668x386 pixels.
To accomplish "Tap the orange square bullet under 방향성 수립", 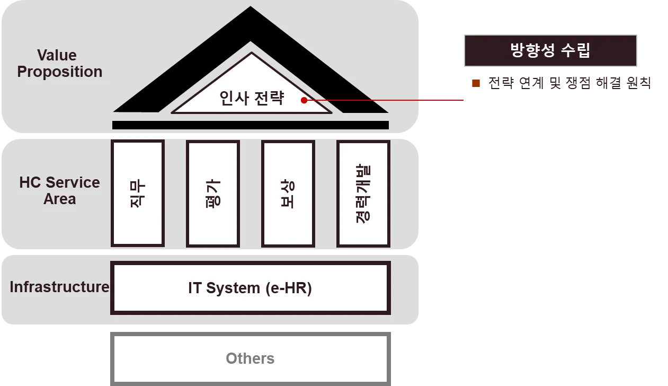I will point(476,83).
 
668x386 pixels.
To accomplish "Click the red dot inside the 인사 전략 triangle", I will point(304,100).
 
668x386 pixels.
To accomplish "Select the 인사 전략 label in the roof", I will point(252,99).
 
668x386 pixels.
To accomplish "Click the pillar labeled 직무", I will point(137,194).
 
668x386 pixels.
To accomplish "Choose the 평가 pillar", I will point(213,194).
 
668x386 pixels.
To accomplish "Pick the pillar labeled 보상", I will point(288,194).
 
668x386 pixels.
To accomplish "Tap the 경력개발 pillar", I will point(363,194).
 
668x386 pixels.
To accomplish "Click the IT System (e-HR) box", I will point(250,288).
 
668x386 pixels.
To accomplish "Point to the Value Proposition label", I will point(59,64).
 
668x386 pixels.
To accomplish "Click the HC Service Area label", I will point(59,190).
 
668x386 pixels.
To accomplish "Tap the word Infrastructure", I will point(59,287).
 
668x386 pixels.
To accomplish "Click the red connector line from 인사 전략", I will point(387,100).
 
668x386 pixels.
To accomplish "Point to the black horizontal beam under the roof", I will point(250,125).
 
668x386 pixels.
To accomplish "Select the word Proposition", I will point(59,72).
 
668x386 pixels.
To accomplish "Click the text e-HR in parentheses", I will point(289,288).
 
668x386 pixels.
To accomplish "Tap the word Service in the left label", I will point(76,182).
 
